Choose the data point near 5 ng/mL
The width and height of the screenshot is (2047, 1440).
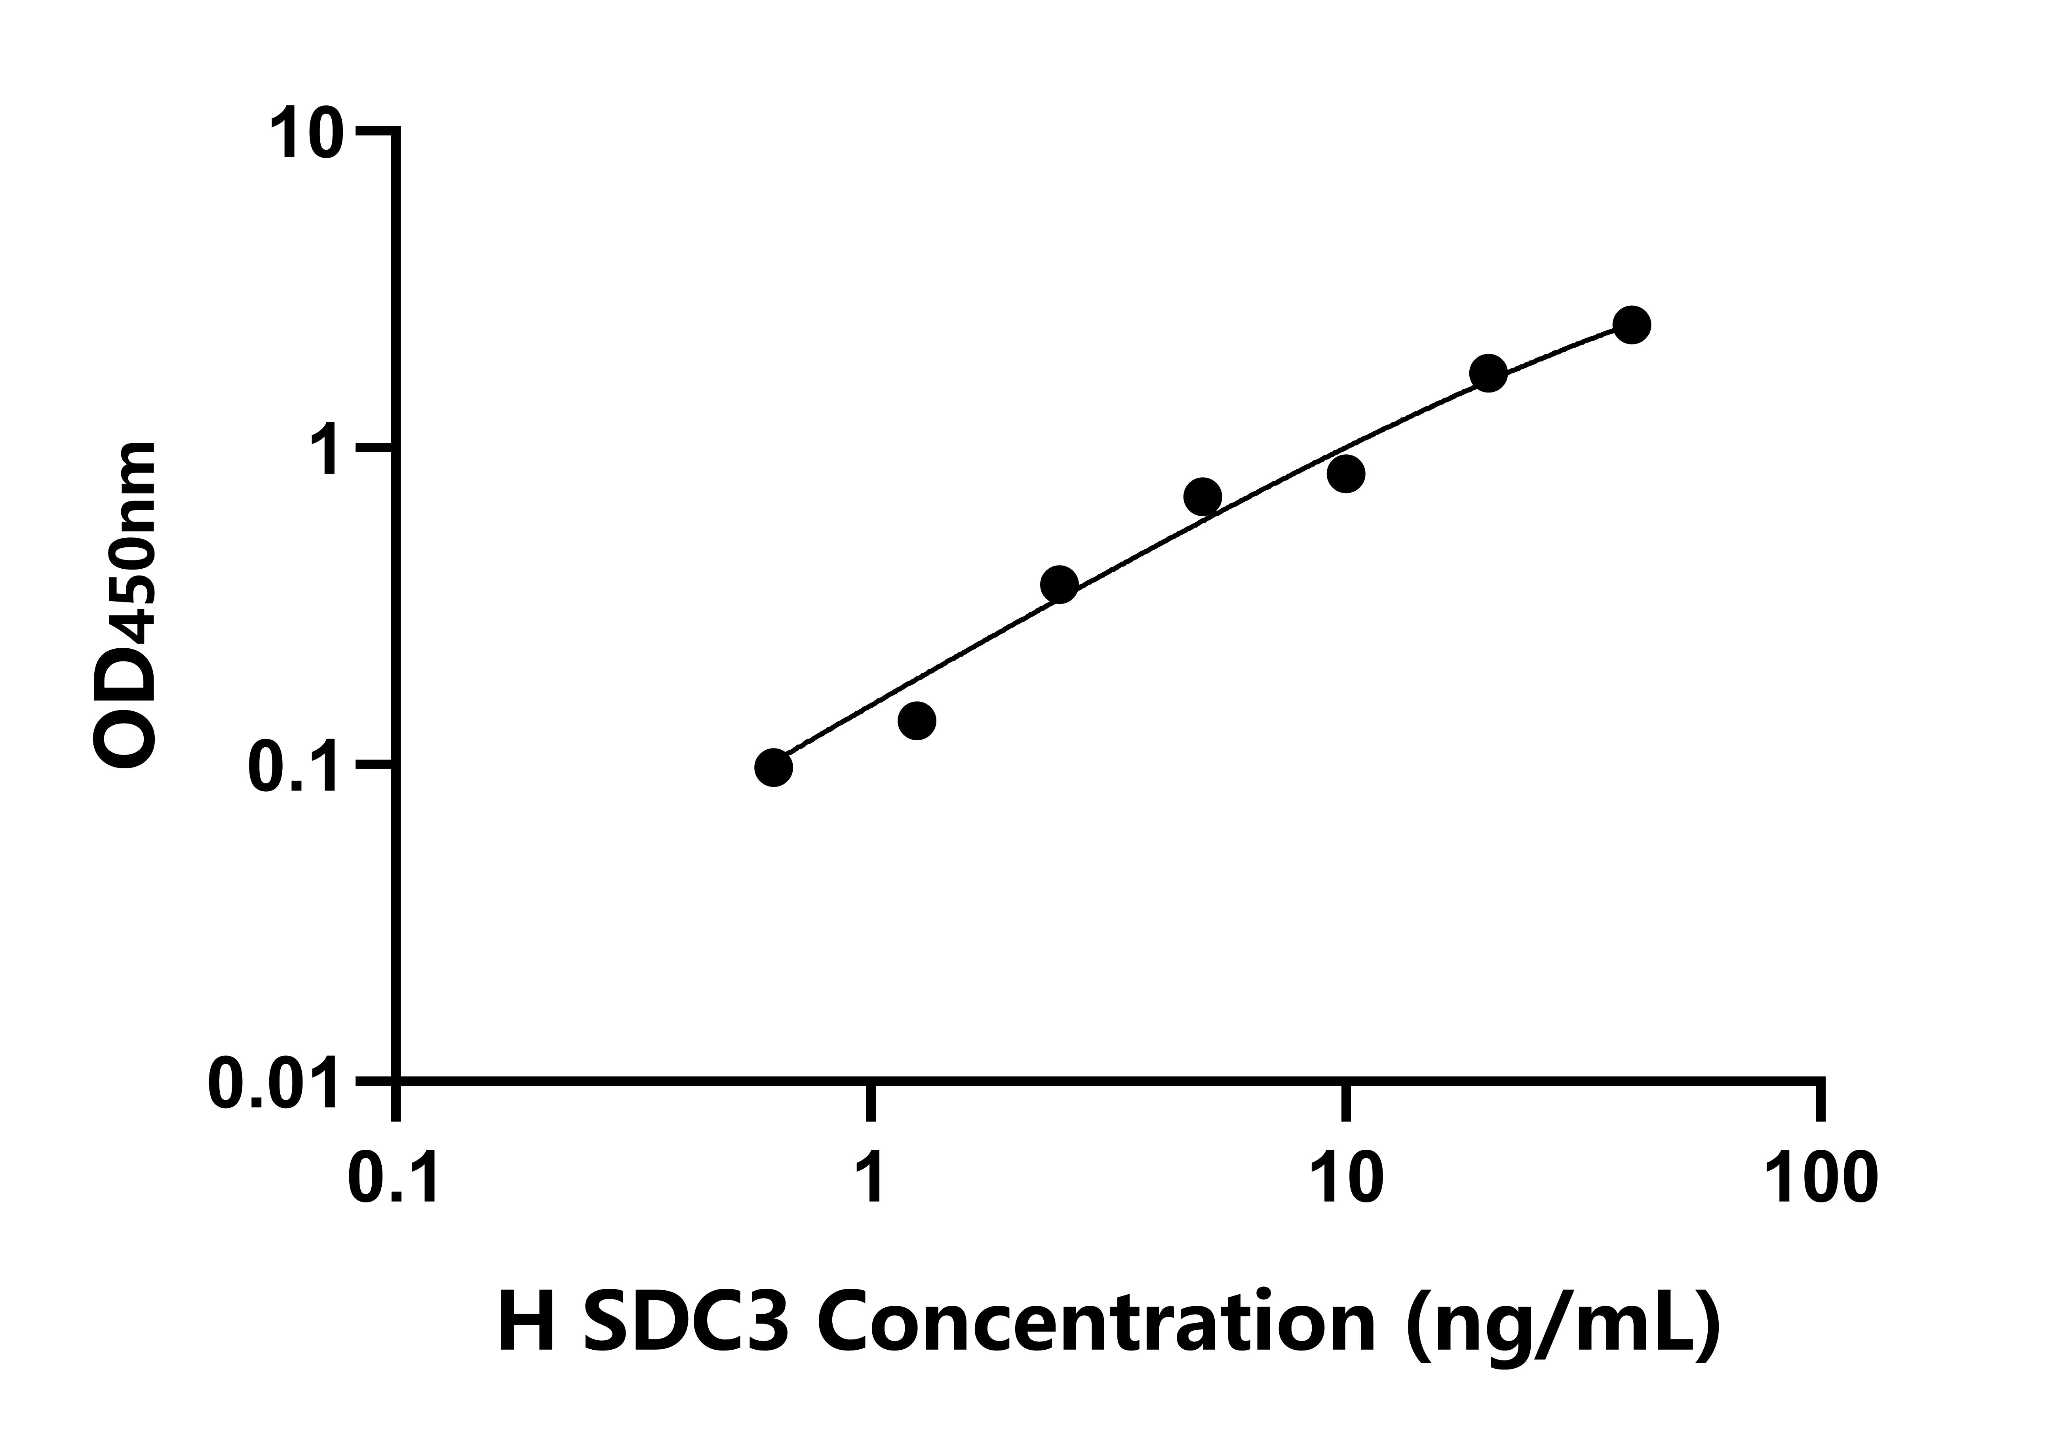[1203, 497]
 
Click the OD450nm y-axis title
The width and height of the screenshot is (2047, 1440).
[125, 606]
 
